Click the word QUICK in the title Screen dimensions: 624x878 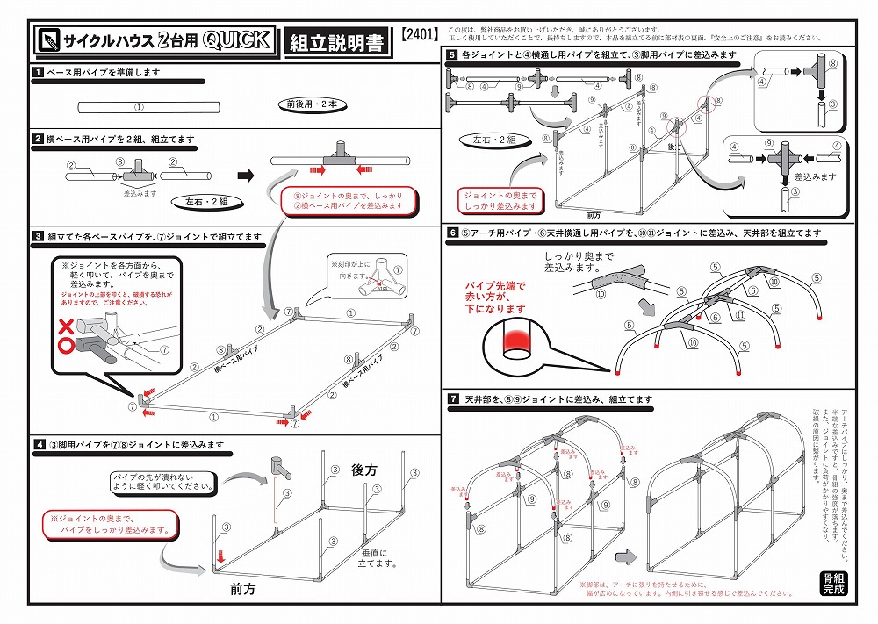[235, 40]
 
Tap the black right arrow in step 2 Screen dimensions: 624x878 [246, 176]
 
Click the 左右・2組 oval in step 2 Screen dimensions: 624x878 [206, 201]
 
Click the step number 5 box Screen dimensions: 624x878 [451, 54]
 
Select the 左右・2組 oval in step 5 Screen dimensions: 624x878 [493, 140]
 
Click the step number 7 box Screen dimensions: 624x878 [451, 399]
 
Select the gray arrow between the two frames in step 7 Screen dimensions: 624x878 [624, 556]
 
